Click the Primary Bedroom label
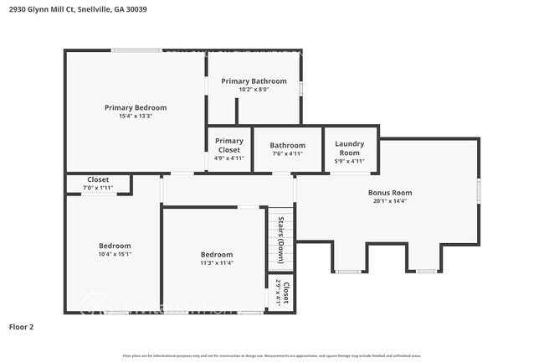coord(135,107)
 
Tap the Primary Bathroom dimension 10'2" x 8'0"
coord(253,90)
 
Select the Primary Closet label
coord(228,146)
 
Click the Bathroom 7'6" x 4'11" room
coord(287,149)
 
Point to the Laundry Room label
coord(349,148)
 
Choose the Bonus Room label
coord(390,192)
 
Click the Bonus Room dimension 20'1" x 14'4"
coord(390,201)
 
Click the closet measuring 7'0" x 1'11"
coord(98,184)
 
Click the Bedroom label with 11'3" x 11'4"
coord(216,254)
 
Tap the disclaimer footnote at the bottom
coord(271,355)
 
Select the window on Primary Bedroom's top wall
coord(137,50)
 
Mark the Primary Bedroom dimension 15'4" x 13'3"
coord(135,117)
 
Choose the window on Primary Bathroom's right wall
coord(301,87)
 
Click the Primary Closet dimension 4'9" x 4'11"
coord(228,158)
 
